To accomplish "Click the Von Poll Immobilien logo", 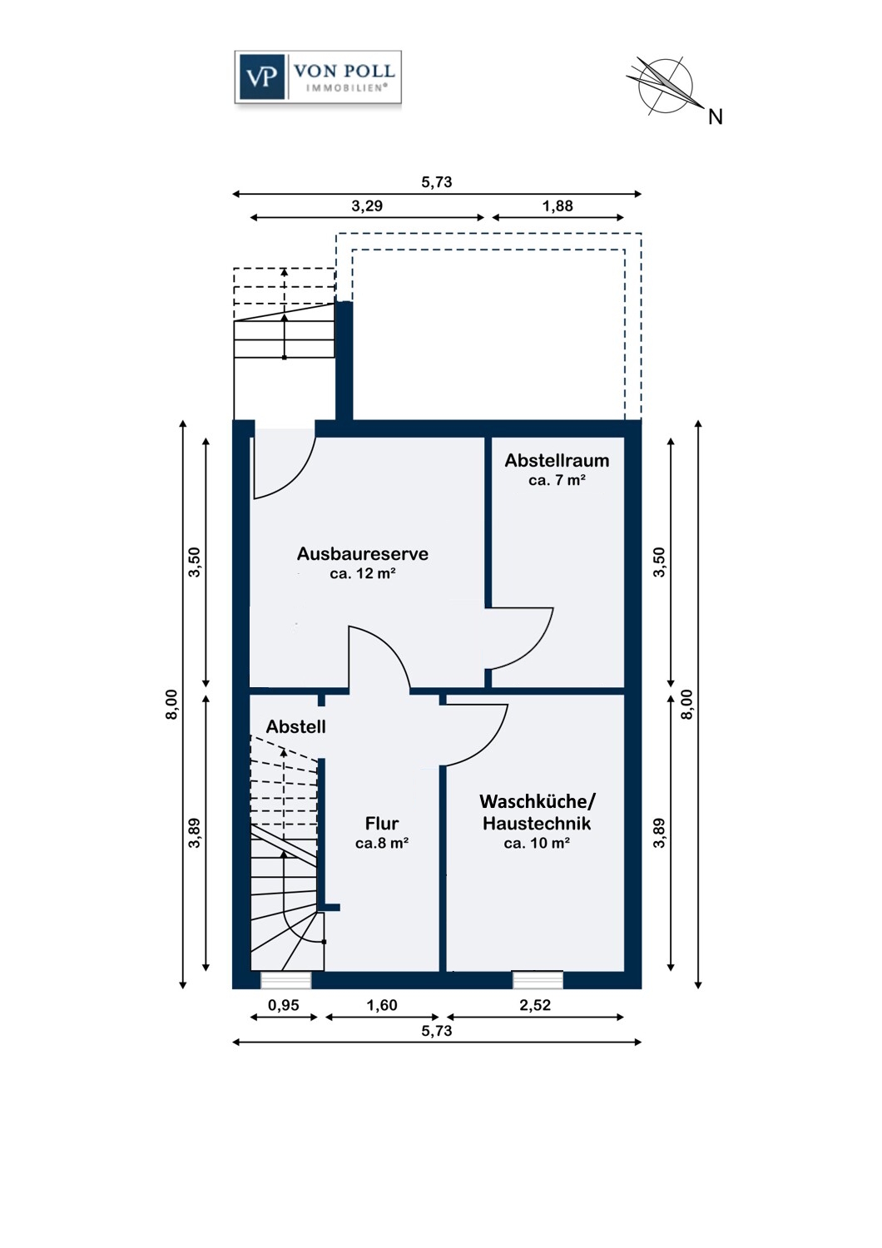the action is click(318, 77).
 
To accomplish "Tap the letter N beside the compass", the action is click(715, 117).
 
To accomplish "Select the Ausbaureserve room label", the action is click(362, 554).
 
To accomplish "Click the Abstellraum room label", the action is click(557, 460).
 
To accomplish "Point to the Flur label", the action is click(382, 823).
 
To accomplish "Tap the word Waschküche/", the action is click(538, 802).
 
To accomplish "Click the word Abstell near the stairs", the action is click(295, 726).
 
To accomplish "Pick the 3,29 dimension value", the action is click(367, 206).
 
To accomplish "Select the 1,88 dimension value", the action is click(557, 206).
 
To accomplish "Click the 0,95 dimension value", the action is click(283, 1005).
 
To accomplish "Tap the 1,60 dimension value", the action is click(382, 1005).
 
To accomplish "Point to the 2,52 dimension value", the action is click(535, 1005).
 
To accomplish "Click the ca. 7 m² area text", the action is click(557, 480).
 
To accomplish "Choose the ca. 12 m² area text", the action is click(362, 573).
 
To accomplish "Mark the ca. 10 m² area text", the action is click(537, 844).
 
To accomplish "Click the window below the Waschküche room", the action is click(538, 980).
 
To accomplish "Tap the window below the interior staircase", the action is click(286, 980).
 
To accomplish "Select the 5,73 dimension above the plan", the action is click(436, 182).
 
